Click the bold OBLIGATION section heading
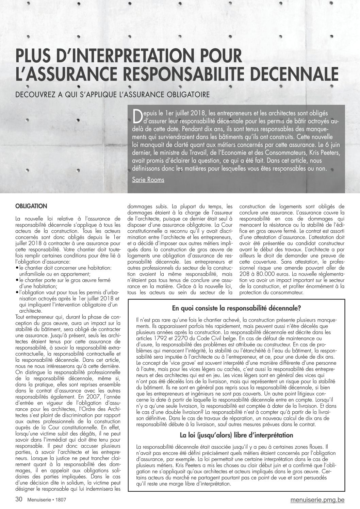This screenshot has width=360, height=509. click(31, 206)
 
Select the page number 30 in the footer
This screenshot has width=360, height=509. click(19, 499)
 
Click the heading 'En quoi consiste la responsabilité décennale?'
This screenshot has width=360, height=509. click(236, 309)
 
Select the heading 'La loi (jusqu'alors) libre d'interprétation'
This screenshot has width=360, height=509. click(236, 435)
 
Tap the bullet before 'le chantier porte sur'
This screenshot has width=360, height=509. click(17, 280)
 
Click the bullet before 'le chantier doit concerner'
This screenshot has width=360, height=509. click(17, 268)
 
